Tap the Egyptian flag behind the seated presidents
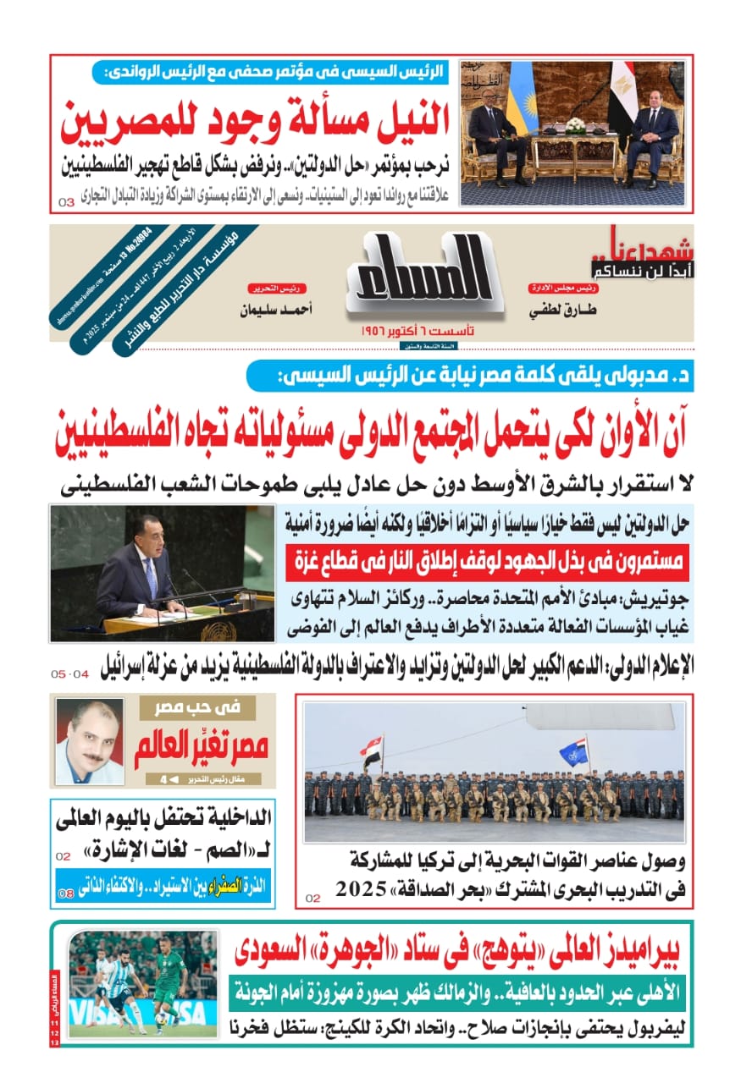pyautogui.click(x=622, y=97)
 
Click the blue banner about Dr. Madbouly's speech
pyautogui.click(x=470, y=376)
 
